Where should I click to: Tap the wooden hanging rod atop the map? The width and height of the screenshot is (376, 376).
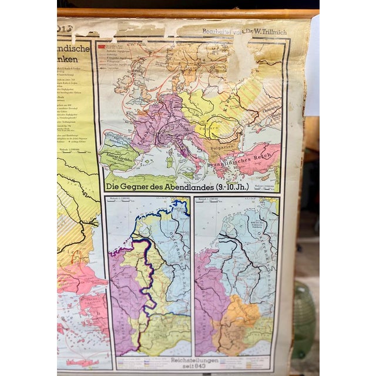click(x=188, y=13)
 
